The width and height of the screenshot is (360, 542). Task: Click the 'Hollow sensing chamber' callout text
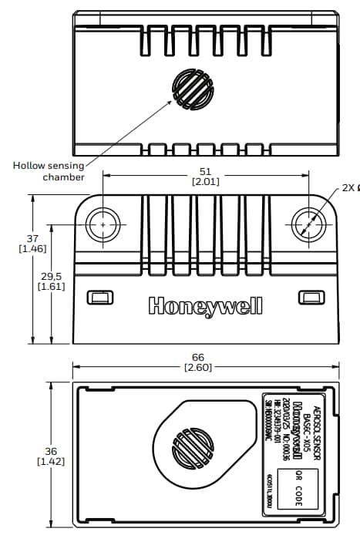tap(47, 171)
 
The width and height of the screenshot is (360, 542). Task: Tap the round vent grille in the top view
tap(191, 89)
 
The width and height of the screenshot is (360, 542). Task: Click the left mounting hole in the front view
tap(101, 224)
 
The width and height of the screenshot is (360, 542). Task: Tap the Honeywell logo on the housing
tap(205, 306)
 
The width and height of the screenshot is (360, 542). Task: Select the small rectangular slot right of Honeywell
tap(311, 297)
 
